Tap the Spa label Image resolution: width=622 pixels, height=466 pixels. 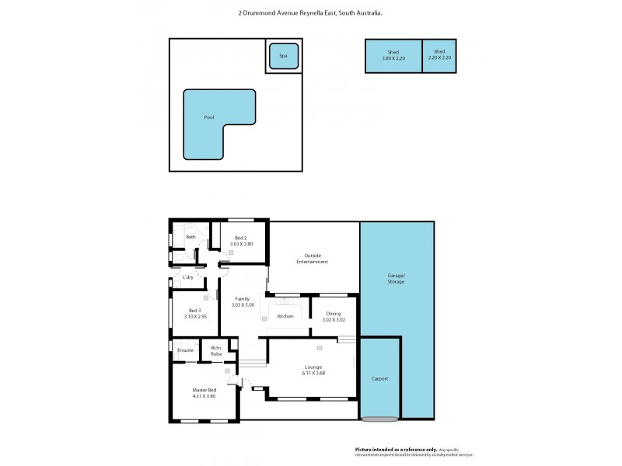click(282, 56)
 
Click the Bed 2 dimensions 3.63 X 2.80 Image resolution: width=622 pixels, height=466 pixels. click(240, 244)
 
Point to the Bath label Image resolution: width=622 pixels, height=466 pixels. click(190, 236)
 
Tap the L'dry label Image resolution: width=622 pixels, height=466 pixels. click(187, 277)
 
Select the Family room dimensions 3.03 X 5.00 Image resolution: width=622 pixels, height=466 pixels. click(243, 304)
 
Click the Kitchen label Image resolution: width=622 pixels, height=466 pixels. click(285, 316)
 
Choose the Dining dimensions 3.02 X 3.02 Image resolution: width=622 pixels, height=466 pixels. click(333, 319)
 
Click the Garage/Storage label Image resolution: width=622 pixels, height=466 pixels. click(397, 279)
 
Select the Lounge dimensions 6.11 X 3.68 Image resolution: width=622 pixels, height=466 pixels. click(313, 373)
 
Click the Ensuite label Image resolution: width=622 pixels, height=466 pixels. click(185, 350)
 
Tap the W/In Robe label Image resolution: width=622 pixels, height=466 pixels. click(216, 350)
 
